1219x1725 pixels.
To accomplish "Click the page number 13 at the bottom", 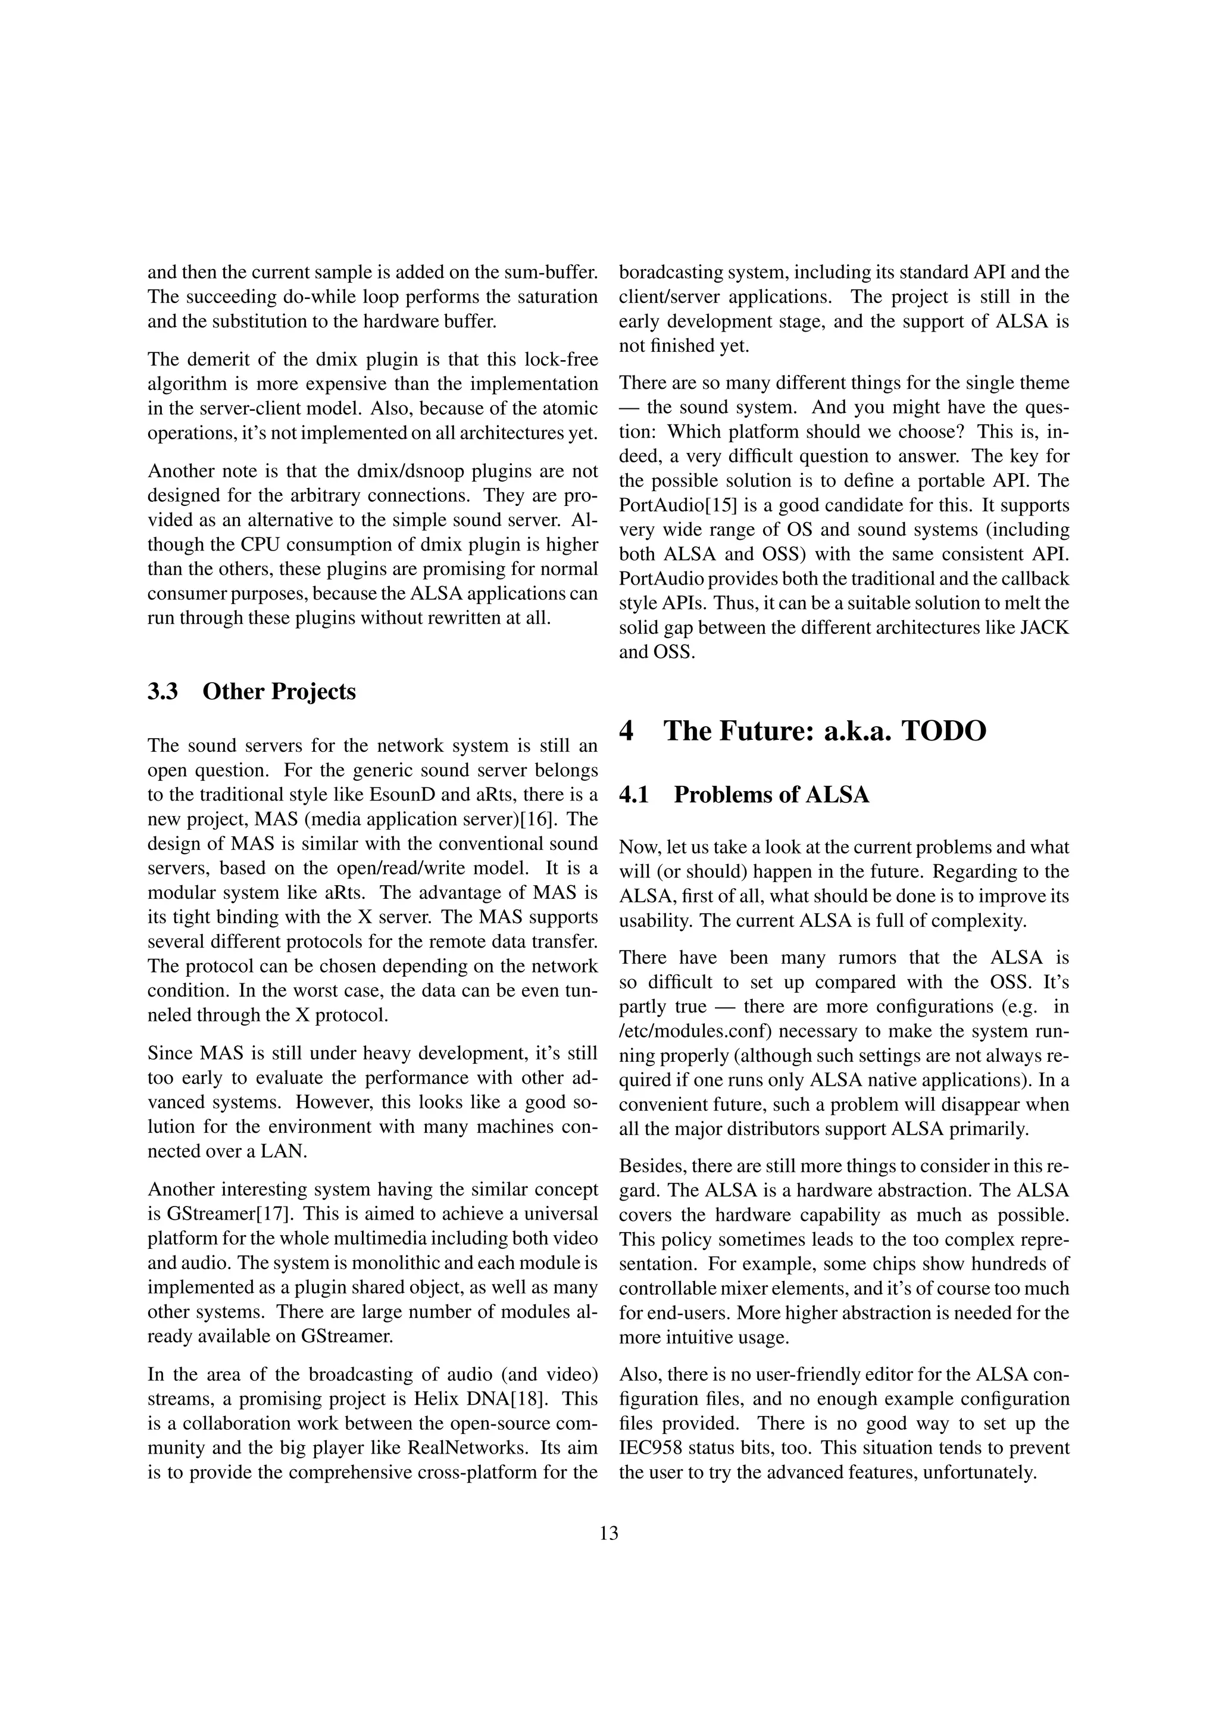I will [x=609, y=1533].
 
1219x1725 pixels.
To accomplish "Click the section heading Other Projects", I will [x=279, y=691].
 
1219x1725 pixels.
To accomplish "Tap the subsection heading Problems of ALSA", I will [x=771, y=794].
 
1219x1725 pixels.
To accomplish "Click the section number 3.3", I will [x=162, y=691].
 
